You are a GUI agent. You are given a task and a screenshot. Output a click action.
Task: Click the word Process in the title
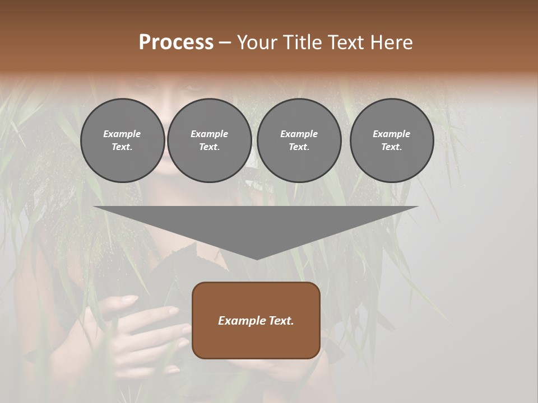click(x=176, y=43)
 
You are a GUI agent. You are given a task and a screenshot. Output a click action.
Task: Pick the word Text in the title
click(x=347, y=43)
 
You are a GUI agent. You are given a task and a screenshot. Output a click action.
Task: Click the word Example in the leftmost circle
click(x=122, y=134)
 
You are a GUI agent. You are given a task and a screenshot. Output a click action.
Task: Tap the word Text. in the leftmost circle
click(x=122, y=147)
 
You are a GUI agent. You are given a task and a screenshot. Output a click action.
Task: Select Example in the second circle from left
click(x=209, y=134)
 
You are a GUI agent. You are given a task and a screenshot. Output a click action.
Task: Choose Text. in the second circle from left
click(x=209, y=147)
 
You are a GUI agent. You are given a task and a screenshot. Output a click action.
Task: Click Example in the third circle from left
click(x=299, y=134)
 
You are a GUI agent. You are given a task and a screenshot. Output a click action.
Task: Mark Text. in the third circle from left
click(x=299, y=147)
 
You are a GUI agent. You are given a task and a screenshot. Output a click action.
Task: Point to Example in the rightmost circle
click(x=391, y=134)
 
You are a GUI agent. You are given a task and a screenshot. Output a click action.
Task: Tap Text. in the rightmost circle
click(x=391, y=147)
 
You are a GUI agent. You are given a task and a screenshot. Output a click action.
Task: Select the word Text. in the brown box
click(x=280, y=321)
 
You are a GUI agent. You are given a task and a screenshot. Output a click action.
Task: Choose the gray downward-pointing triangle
click(x=256, y=224)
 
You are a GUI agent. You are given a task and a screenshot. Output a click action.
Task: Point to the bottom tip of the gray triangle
click(x=256, y=259)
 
